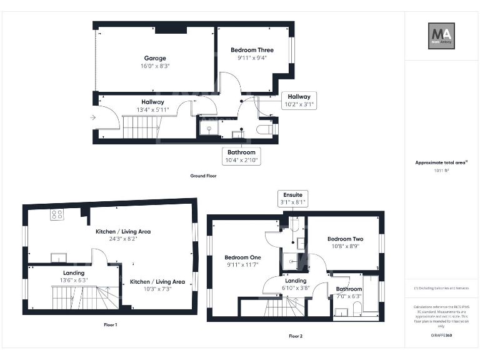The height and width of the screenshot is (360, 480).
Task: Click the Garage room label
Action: (156, 58)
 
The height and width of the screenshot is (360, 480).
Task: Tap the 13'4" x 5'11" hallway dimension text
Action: (152, 110)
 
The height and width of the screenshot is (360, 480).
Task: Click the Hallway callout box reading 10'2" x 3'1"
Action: (299, 101)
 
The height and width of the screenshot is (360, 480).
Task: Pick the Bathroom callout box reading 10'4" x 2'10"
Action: (241, 156)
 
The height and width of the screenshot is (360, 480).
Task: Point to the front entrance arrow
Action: (93, 117)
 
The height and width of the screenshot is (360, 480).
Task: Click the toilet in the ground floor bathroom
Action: (266, 129)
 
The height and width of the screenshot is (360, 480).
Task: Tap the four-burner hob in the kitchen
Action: (57, 214)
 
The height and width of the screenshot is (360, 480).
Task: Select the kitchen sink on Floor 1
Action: (59, 257)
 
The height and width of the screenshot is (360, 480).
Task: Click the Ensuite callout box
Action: (292, 199)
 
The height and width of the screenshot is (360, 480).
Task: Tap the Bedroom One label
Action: (243, 257)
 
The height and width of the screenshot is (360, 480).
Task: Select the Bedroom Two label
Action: (345, 239)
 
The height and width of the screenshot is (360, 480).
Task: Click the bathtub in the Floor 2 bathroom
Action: (371, 294)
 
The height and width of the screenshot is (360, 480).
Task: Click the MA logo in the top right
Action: (441, 36)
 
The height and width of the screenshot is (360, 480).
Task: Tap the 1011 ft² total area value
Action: (441, 170)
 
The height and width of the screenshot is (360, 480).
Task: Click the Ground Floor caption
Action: (203, 176)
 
